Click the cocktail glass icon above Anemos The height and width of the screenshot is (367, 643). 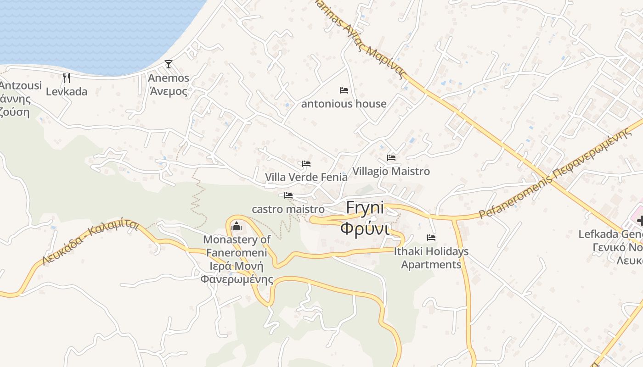(169, 64)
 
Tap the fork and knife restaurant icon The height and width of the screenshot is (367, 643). (67, 78)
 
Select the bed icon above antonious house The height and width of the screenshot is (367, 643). (344, 90)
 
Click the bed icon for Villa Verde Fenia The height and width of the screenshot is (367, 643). (306, 163)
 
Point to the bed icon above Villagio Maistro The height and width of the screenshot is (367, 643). (391, 157)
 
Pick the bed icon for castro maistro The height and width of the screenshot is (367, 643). (288, 195)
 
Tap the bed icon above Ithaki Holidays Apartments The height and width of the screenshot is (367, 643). (431, 238)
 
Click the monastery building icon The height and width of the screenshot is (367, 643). (237, 226)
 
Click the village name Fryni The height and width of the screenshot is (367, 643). (365, 207)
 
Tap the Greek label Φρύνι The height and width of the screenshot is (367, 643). (365, 228)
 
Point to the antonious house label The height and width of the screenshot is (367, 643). (344, 104)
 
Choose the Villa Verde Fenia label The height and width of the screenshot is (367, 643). (306, 177)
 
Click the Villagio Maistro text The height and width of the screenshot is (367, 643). (391, 171)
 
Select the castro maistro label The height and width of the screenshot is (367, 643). (288, 209)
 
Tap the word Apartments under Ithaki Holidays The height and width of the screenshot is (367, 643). (431, 265)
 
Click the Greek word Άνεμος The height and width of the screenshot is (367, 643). (169, 91)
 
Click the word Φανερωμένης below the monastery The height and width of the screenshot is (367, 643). (237, 279)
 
